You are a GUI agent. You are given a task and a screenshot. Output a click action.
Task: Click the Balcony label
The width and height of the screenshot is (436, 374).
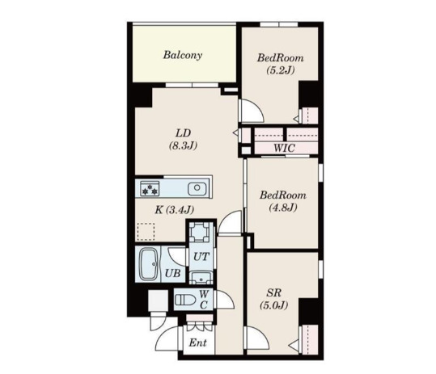(x=182, y=56)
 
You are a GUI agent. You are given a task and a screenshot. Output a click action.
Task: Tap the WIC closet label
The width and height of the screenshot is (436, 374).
(x=283, y=148)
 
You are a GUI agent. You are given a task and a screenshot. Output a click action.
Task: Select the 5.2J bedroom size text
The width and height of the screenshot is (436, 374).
(x=281, y=71)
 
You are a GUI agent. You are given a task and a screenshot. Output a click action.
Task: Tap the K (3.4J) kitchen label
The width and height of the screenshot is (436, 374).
(x=175, y=211)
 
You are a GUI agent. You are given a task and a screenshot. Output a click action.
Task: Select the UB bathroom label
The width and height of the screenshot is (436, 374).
(x=172, y=273)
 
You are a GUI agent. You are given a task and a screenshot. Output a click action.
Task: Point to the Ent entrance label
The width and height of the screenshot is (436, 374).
(x=197, y=342)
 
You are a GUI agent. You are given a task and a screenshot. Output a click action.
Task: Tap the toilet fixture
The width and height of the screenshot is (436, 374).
(x=184, y=300)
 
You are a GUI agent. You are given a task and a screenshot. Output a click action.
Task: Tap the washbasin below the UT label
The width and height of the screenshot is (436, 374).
(x=201, y=276)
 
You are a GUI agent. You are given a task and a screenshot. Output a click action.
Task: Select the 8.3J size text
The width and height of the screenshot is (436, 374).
(x=184, y=146)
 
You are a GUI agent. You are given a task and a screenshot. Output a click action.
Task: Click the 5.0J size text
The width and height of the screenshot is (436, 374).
(x=273, y=307)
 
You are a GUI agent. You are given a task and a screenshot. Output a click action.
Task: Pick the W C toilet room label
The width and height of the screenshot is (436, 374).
(x=204, y=300)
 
